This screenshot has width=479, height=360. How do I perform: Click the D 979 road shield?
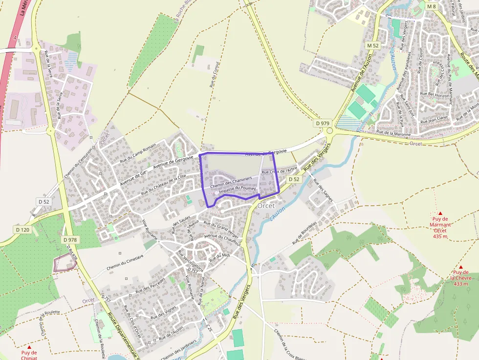pos(322,124)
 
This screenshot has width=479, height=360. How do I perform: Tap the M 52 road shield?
pos(373,45)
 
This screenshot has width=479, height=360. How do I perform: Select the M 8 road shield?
pos(431,6)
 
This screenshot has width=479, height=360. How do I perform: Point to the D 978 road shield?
pos(70,240)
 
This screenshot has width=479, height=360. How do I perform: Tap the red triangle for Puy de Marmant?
pos(440,213)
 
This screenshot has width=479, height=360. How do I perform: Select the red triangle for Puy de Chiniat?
pos(29,347)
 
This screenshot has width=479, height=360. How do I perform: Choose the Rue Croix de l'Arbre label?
pos(280,171)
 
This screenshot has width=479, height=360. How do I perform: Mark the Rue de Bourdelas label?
pos(305,233)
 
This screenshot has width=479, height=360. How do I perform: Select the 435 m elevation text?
pos(440,236)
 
